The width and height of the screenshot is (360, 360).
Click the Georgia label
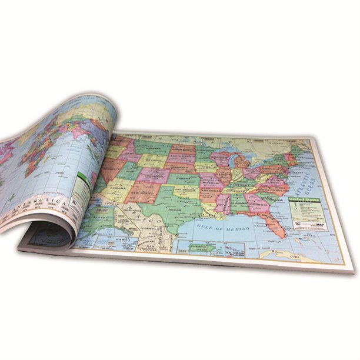[259, 206]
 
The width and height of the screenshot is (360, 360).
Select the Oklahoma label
[187, 191]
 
